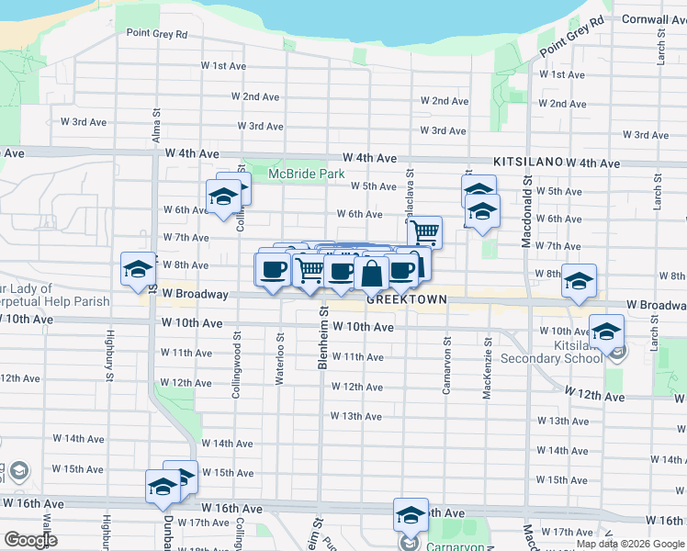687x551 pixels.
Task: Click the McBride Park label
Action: [x=298, y=174]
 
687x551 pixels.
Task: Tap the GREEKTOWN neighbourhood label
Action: [x=406, y=299]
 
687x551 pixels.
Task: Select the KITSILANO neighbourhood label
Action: [x=527, y=161]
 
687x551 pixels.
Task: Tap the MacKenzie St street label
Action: [x=488, y=376]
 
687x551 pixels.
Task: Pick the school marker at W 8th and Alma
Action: [x=139, y=268]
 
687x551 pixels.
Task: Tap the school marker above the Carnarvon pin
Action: [x=411, y=514]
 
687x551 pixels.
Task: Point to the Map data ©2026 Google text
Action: [x=630, y=544]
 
